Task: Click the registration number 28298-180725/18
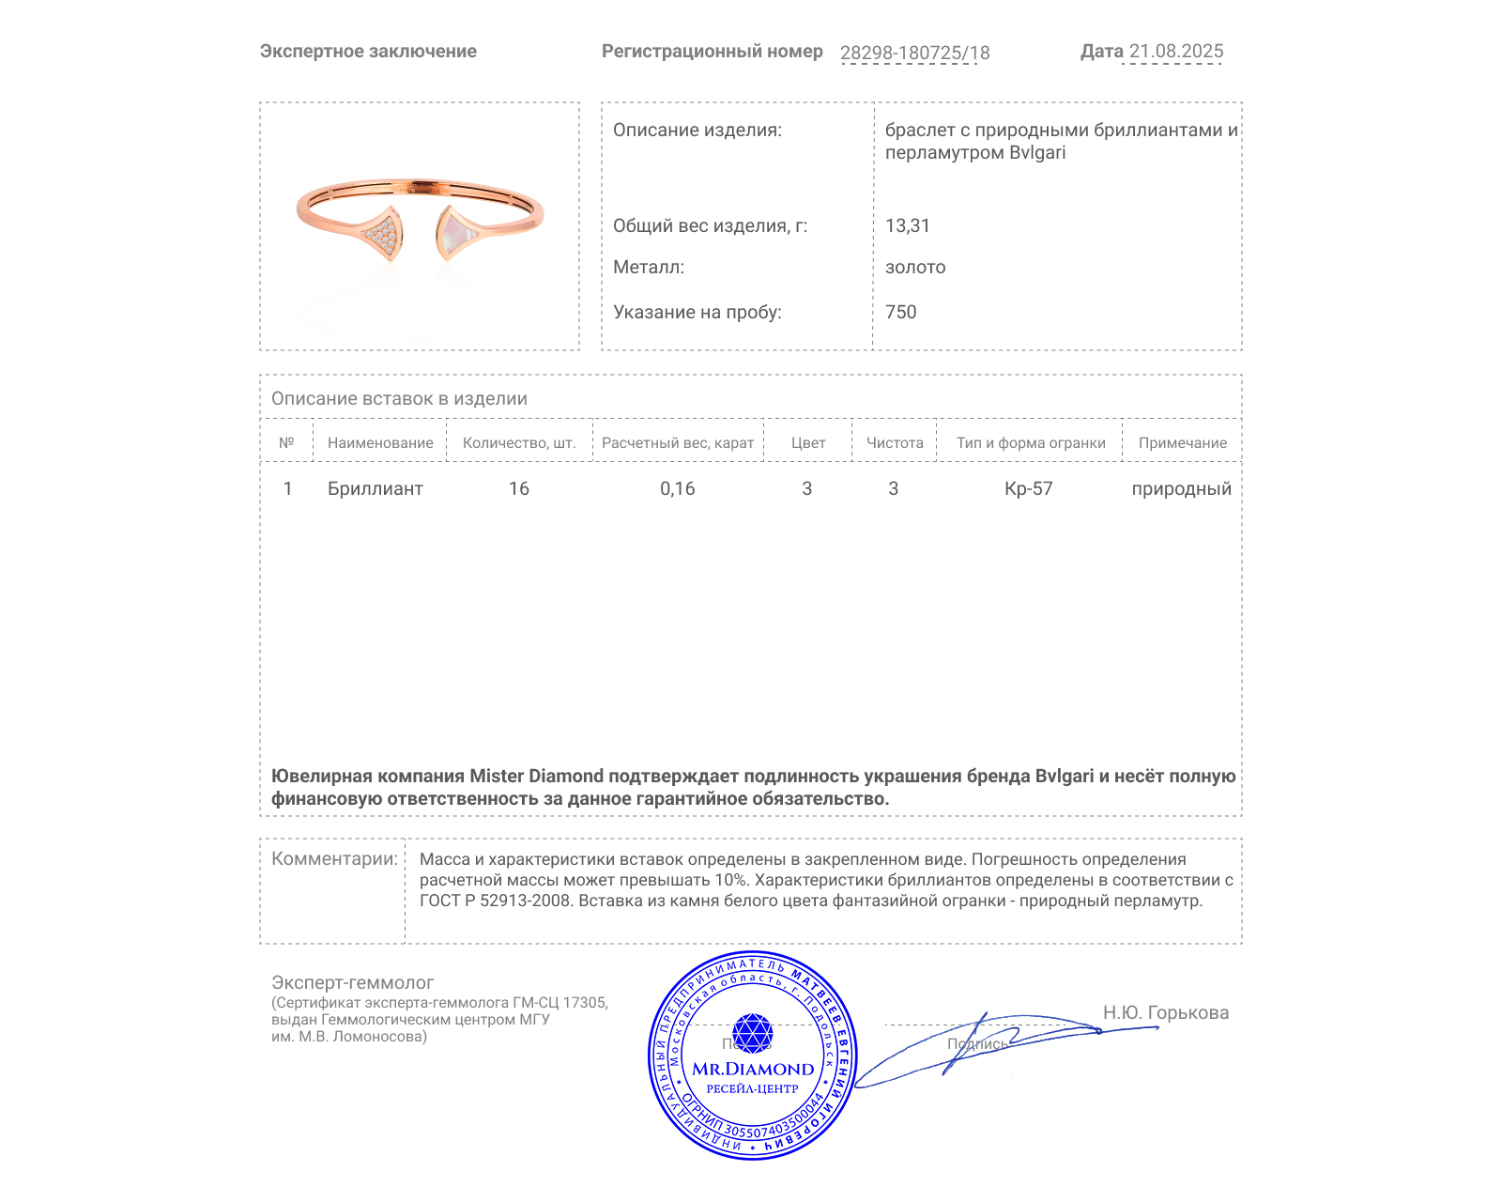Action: (x=914, y=53)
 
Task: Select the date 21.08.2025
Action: (x=1175, y=52)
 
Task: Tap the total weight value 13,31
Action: (x=907, y=225)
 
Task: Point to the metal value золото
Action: (x=915, y=268)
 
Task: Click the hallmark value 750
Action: (x=900, y=313)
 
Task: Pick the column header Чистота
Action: (x=894, y=443)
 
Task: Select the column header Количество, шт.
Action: (x=519, y=443)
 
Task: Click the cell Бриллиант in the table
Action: (x=375, y=489)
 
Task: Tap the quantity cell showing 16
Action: (x=519, y=489)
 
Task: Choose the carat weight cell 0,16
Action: (x=677, y=489)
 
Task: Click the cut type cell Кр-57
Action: (x=1028, y=489)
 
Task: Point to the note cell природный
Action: (x=1181, y=489)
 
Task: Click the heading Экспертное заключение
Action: (x=368, y=52)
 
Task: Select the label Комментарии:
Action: (x=334, y=859)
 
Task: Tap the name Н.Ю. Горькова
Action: (x=1165, y=1013)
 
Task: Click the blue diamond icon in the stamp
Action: (x=752, y=1033)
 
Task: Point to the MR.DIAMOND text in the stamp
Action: (x=753, y=1070)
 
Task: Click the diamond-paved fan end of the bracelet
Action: (x=383, y=234)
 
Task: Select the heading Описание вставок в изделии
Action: (x=399, y=399)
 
